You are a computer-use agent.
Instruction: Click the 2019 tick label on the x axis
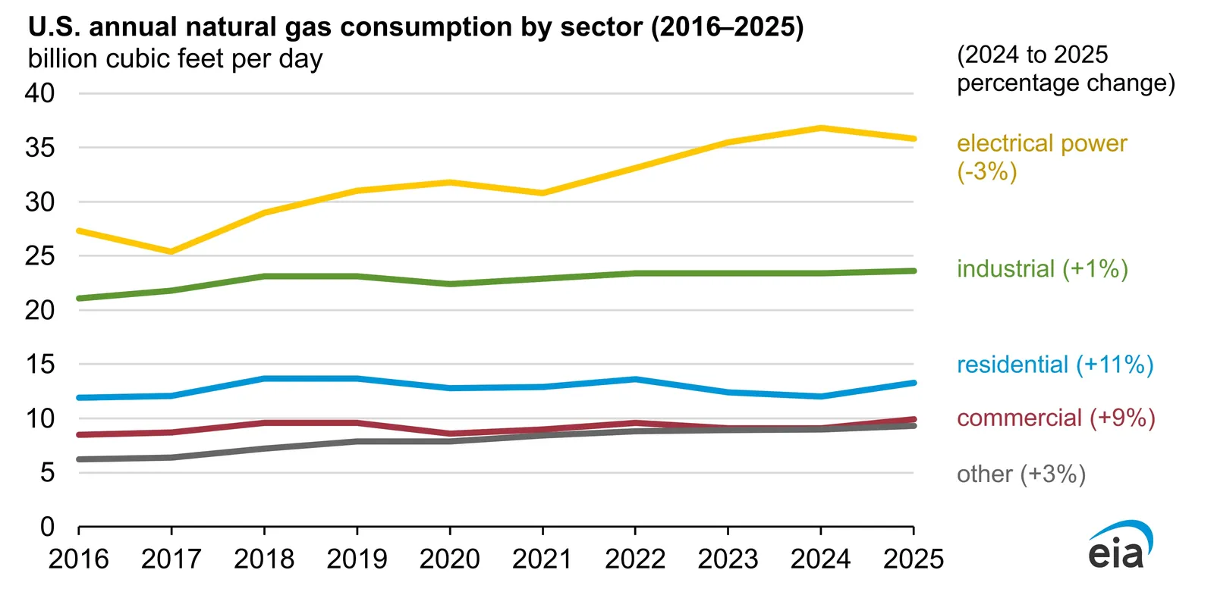click(357, 559)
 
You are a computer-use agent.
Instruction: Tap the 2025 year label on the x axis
click(913, 559)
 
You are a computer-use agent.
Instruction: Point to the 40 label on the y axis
click(39, 93)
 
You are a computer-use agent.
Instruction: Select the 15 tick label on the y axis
click(39, 364)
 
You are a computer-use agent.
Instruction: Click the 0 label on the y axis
click(47, 527)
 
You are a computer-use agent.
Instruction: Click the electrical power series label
click(1041, 143)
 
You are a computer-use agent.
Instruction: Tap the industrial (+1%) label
click(1042, 269)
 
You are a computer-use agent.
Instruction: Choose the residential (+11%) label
click(1055, 365)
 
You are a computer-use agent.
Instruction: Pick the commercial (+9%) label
click(1055, 418)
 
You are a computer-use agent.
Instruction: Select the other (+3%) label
click(1021, 474)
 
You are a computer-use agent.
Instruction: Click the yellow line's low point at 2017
click(171, 252)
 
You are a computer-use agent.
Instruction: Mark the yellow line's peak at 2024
click(820, 128)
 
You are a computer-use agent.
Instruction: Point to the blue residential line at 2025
click(913, 383)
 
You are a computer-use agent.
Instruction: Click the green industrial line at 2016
click(80, 298)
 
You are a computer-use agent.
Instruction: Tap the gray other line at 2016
click(80, 459)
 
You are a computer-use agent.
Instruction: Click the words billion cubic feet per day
click(175, 59)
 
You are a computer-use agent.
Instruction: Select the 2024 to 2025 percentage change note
click(1065, 68)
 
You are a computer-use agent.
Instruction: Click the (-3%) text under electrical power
click(986, 171)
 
